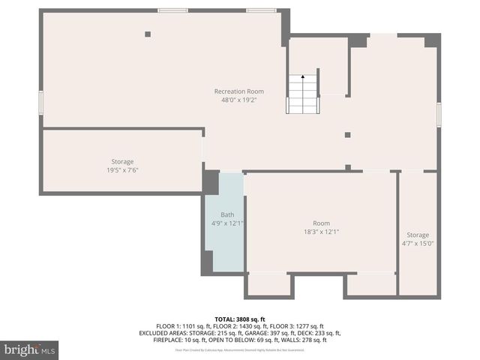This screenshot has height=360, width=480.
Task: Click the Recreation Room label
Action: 238,91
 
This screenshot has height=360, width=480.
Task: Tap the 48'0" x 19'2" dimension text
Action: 238,100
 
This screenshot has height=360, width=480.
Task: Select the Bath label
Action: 226,214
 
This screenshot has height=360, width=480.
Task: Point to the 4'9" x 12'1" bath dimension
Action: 227,223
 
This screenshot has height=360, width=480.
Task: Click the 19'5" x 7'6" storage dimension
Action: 122,170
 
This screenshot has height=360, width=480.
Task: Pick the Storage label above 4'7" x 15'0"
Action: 418,235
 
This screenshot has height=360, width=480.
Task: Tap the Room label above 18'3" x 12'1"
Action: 321,223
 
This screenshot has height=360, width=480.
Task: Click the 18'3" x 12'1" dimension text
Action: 321,232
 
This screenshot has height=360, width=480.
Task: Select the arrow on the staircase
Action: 303,77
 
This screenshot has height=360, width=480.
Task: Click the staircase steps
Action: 304,97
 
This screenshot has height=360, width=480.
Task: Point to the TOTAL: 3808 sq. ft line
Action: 240,319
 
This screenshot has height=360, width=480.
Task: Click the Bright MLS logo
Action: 30,350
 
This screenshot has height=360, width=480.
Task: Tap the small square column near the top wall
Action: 148,34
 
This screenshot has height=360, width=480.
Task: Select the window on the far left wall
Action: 40,102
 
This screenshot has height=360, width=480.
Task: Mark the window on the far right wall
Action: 439,112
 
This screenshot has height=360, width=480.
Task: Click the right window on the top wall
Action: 261,10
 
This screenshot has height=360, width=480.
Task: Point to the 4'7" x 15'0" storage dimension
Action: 418,243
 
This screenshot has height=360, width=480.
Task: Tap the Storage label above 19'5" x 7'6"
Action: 122,162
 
